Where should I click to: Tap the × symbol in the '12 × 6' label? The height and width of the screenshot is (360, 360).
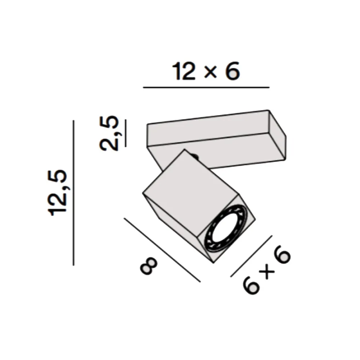click(210, 72)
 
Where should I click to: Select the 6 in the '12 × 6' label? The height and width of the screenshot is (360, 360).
click(231, 71)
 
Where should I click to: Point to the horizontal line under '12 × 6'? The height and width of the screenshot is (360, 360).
click(206, 87)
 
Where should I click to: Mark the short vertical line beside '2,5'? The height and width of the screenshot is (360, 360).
click(125, 133)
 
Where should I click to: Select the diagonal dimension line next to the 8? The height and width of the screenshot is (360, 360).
click(162, 250)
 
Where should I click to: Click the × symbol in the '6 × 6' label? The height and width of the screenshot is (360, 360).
click(266, 273)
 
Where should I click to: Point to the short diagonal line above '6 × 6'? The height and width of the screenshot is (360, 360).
click(251, 256)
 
